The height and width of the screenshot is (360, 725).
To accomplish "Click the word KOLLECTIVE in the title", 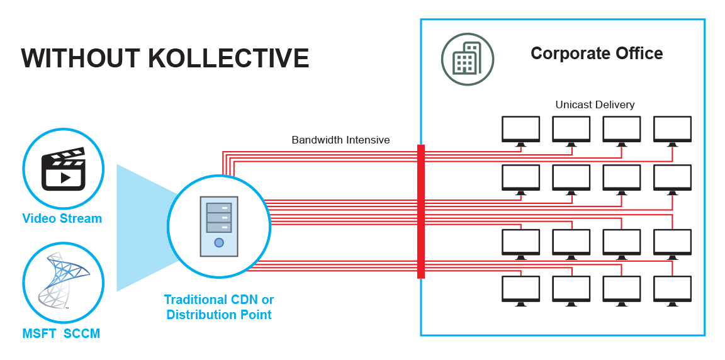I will point(228,57).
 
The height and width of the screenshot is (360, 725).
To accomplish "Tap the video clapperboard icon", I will point(63,169).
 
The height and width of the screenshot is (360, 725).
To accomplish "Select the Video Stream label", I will point(62,218).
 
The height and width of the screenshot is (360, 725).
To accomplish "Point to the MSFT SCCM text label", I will point(61,334).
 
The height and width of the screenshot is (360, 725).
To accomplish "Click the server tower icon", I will point(218,225).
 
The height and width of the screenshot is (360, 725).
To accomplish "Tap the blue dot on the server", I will point(218,242).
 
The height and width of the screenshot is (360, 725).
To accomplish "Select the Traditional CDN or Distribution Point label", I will point(219,307).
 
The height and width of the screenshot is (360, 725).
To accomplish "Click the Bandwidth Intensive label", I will point(340,140).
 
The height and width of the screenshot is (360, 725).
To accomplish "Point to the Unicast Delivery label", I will point(595,104).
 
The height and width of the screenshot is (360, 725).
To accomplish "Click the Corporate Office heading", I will point(596,53).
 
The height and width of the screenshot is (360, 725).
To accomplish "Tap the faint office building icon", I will point(467,60).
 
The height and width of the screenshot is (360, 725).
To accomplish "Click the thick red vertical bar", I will point(420,211).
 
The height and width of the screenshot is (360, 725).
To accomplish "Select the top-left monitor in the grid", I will point(520,130).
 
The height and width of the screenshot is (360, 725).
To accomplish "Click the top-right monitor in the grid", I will point(672,130).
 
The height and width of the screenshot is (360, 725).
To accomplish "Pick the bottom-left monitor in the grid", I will point(520,290).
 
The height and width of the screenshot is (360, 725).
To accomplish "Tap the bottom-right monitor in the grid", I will point(672,290).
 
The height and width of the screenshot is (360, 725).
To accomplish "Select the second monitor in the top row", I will point(571,130).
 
